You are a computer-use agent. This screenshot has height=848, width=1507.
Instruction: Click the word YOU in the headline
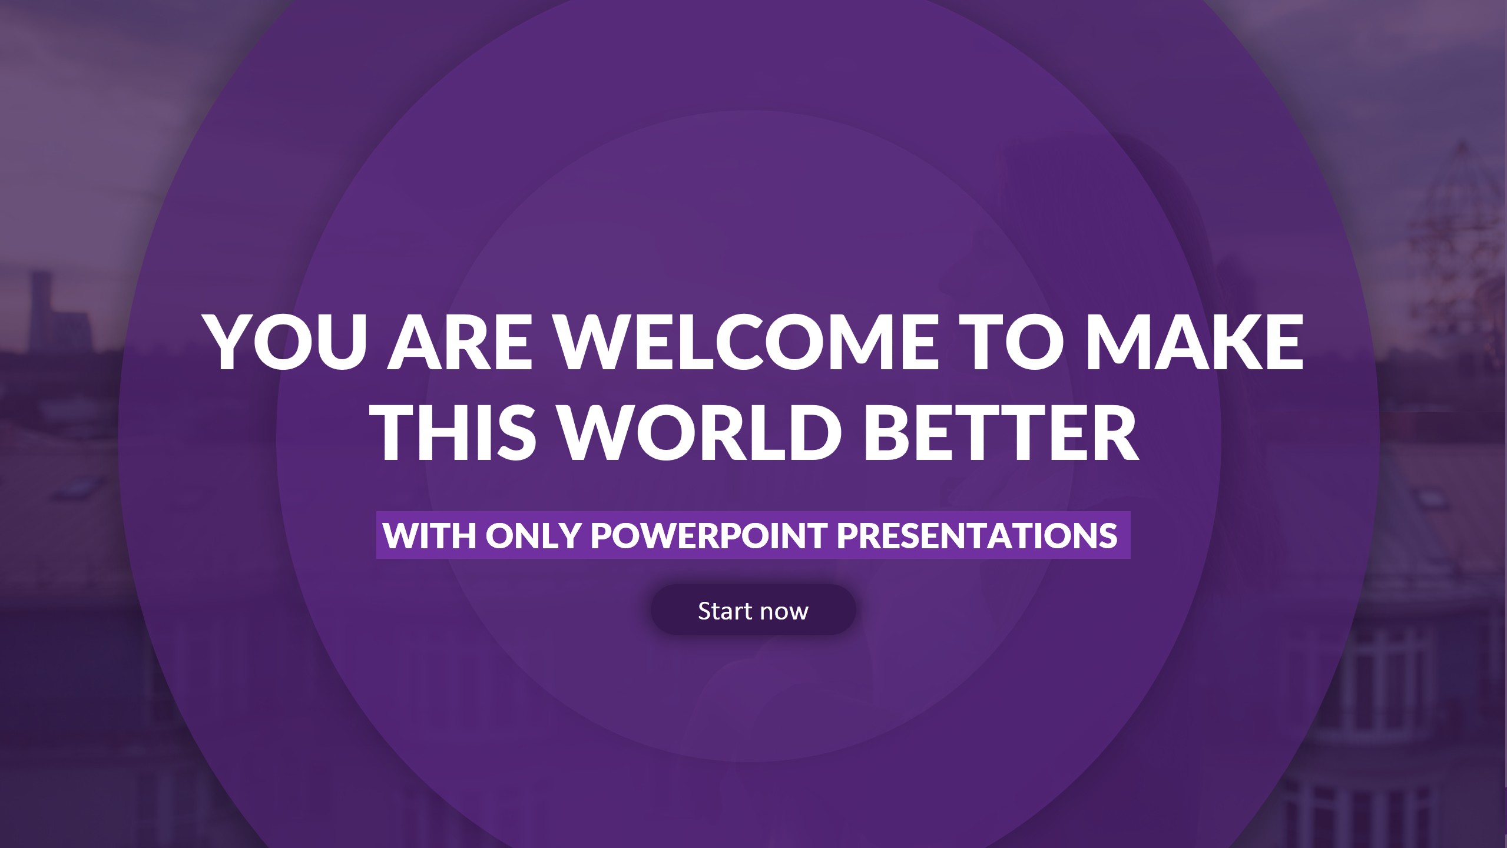click(287, 342)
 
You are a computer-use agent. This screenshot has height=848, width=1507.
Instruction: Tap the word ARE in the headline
click(460, 342)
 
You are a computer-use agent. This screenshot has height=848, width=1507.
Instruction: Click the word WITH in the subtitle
click(429, 535)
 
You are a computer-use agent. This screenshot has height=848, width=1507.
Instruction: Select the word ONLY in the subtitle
click(534, 535)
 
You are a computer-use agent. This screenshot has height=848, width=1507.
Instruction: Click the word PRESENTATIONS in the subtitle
click(977, 535)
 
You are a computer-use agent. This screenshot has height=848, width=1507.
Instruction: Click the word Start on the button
click(725, 611)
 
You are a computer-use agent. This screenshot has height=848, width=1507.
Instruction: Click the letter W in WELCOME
click(595, 342)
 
